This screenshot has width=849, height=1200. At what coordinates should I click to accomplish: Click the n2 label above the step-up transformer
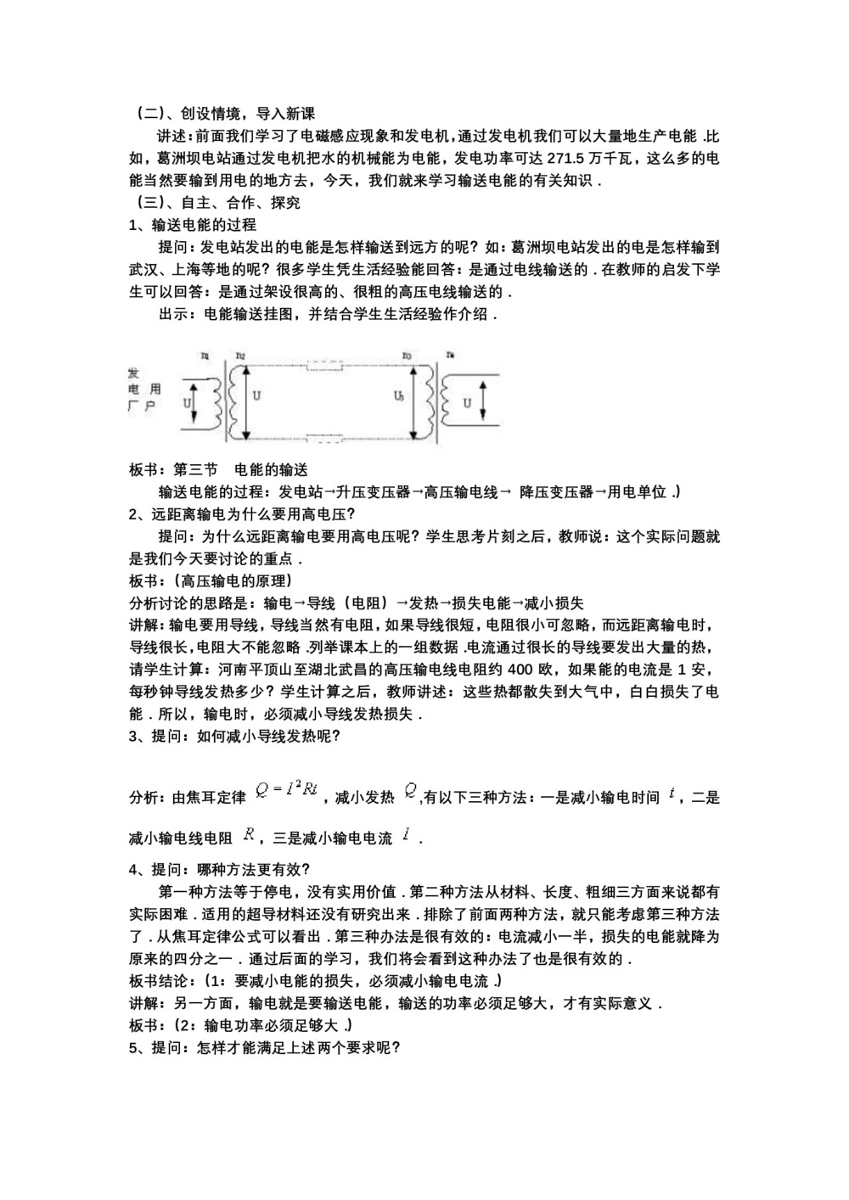pos(241,356)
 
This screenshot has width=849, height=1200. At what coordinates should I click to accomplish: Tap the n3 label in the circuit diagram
pos(407,356)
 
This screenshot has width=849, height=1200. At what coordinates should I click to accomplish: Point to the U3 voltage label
pos(400,395)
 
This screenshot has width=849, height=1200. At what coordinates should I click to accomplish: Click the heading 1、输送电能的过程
pos(193,225)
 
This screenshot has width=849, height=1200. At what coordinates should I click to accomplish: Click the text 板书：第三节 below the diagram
pos(173,469)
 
